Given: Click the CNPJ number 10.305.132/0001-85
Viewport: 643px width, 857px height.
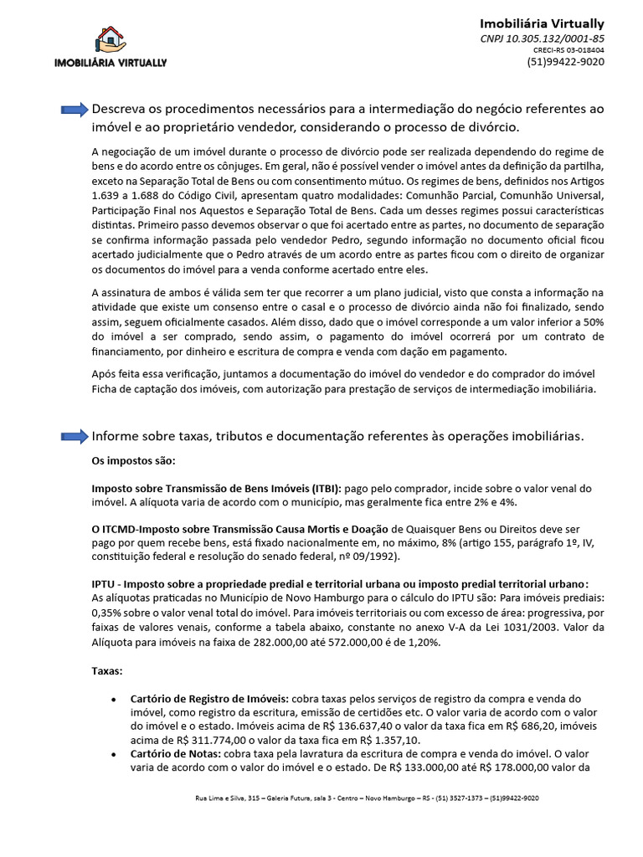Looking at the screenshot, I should (542, 38).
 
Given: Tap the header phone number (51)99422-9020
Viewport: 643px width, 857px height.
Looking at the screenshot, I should (565, 62).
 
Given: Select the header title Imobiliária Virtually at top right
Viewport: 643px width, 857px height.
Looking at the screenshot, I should (542, 23).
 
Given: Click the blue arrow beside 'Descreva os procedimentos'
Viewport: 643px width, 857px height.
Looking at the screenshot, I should (75, 110).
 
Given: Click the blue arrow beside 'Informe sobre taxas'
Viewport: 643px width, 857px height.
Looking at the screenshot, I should (75, 436).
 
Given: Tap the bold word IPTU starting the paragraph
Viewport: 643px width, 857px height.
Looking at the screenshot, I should (103, 584).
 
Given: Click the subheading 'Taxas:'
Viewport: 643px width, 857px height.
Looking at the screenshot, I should (107, 670).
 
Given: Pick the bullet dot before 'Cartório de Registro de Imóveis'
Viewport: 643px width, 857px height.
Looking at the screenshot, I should (113, 699).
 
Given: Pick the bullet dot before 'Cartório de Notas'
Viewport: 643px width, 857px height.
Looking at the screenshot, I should (113, 755).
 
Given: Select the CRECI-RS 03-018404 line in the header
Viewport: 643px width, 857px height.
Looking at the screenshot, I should (568, 50).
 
